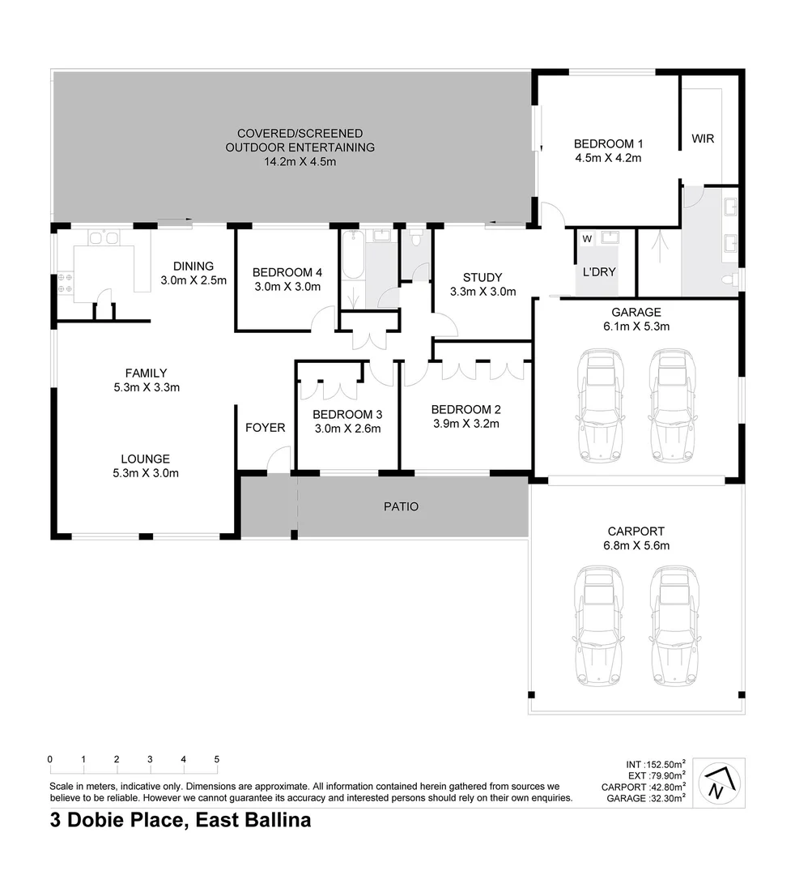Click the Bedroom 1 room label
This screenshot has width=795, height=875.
pos(607,143)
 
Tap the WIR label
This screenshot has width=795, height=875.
pos(703,139)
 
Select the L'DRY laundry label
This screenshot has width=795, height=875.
pos(599,271)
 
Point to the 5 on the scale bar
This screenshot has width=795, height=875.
pos(217,759)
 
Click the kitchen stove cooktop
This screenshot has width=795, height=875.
pos(65,283)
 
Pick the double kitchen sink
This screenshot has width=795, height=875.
pos(104,238)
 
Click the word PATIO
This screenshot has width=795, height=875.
pos(401,506)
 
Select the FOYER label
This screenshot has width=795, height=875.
pos(265,427)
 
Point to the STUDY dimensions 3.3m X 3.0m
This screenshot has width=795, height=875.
pos(483,292)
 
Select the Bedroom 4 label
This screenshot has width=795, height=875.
pos(287,272)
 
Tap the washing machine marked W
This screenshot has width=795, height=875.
pos(587,238)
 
